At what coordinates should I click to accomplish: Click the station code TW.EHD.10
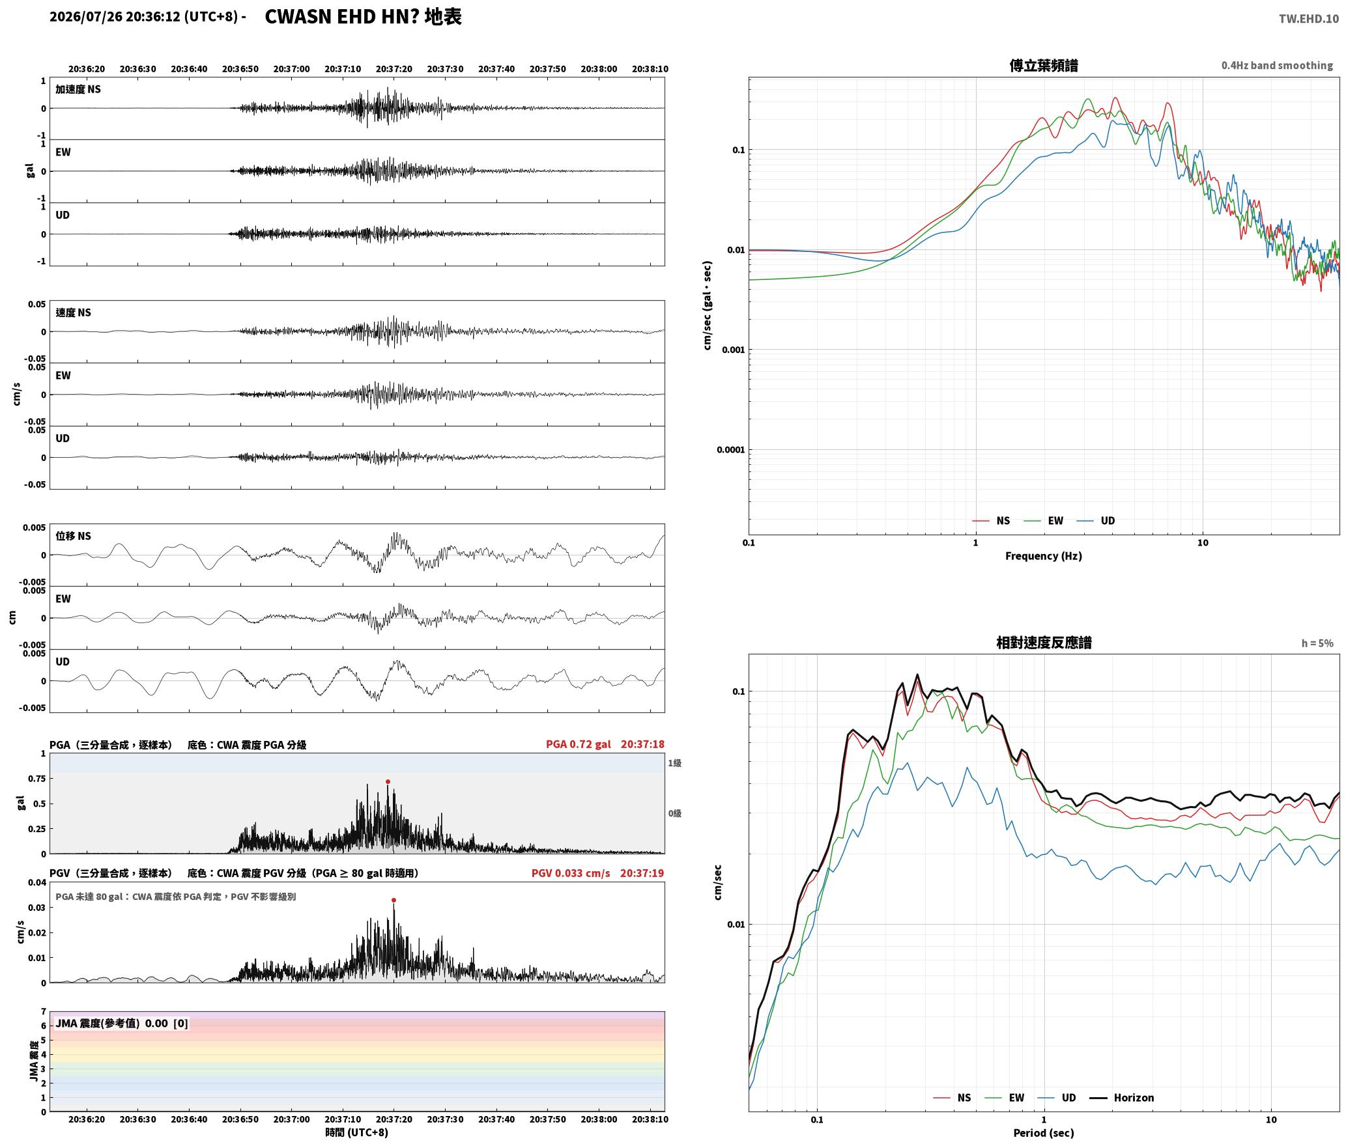(1309, 19)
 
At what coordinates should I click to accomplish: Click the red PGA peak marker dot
(388, 781)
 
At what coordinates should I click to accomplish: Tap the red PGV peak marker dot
(394, 900)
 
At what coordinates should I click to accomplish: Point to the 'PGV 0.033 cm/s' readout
(571, 873)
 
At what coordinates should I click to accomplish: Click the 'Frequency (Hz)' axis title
(1043, 556)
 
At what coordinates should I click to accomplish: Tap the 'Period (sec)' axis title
(1043, 1133)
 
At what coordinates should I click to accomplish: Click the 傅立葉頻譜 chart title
(1044, 66)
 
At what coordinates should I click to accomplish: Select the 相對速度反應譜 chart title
(1044, 643)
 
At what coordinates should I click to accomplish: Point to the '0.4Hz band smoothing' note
(1277, 66)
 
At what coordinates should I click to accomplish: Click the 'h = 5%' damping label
(1317, 643)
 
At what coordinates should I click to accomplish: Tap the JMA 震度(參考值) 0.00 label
(122, 1024)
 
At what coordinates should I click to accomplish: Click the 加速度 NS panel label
(78, 89)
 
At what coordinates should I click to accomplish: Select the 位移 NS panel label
(73, 536)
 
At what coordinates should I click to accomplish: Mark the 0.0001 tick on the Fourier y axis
(730, 450)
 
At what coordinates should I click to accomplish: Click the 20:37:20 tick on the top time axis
(394, 69)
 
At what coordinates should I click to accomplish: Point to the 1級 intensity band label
(674, 763)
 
